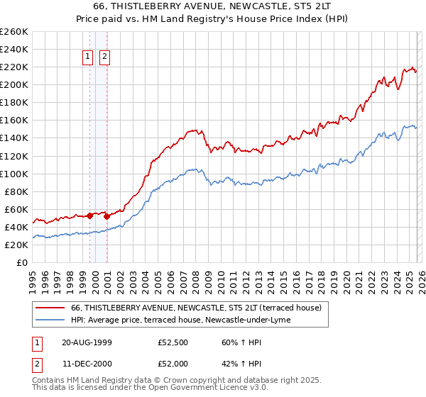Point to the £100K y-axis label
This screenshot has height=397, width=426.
[x=14, y=174]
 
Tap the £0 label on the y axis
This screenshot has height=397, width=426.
[x=22, y=262]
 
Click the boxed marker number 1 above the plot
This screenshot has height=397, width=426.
[x=88, y=57]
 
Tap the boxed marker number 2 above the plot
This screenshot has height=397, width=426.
[x=104, y=57]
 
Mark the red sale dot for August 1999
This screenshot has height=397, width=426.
[x=90, y=216]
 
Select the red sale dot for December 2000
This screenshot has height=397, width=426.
[x=106, y=216]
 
